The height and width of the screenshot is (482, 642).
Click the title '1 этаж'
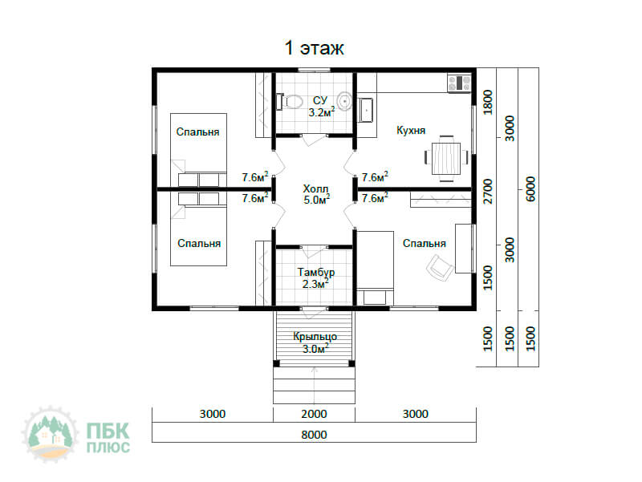314,48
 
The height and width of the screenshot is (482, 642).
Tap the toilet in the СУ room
290,101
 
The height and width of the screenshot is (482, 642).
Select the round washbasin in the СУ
345,101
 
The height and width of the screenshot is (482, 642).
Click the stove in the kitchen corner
459,83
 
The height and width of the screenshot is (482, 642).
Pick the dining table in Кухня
446,158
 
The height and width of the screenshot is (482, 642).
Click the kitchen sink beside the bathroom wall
366,110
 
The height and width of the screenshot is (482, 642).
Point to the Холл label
315,188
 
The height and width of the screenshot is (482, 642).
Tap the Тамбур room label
316,272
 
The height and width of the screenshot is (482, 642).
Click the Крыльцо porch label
315,337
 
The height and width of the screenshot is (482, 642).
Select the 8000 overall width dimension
314,435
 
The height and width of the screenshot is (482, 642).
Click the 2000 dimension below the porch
314,414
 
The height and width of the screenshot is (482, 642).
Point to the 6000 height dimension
530,189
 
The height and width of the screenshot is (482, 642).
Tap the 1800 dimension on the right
488,103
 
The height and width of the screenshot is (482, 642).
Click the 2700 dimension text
488,191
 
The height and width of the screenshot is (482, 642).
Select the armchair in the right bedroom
439,268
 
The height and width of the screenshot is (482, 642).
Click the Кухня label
411,130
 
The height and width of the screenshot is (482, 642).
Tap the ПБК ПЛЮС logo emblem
50,434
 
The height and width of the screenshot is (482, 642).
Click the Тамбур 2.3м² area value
315,284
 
